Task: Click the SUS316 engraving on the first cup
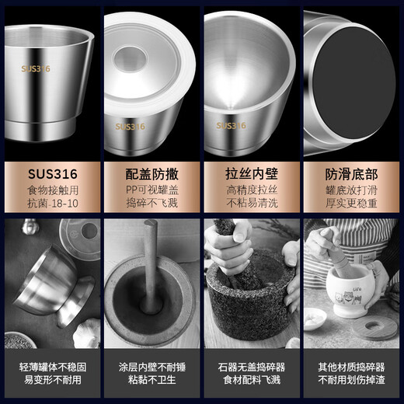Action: coord(35,68)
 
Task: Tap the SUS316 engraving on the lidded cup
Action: coord(131,124)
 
